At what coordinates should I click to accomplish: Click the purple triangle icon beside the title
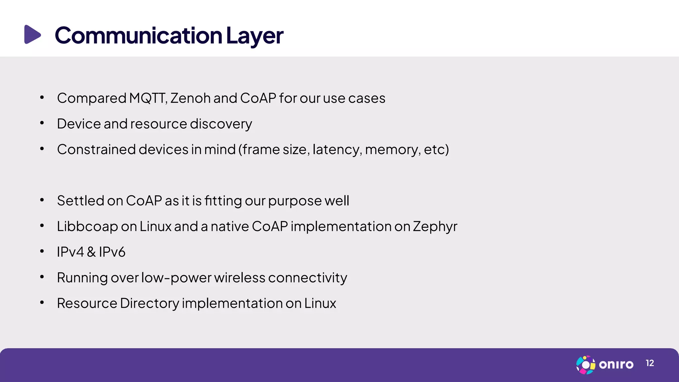pos(32,34)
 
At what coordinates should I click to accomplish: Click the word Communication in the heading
pos(138,35)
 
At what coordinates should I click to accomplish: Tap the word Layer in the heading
pos(254,35)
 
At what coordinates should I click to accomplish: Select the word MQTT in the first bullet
pos(148,98)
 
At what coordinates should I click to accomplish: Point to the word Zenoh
pos(190,98)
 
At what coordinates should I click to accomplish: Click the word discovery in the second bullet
pos(221,124)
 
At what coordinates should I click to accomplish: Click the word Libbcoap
pos(87,226)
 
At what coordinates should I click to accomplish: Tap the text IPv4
pos(70,252)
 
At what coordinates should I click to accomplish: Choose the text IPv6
pos(112,252)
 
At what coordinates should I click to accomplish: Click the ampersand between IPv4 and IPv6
pos(91,252)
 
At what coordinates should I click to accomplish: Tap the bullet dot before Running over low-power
pos(42,277)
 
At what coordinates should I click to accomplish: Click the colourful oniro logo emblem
pos(586,365)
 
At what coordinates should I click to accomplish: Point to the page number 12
pos(650,363)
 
